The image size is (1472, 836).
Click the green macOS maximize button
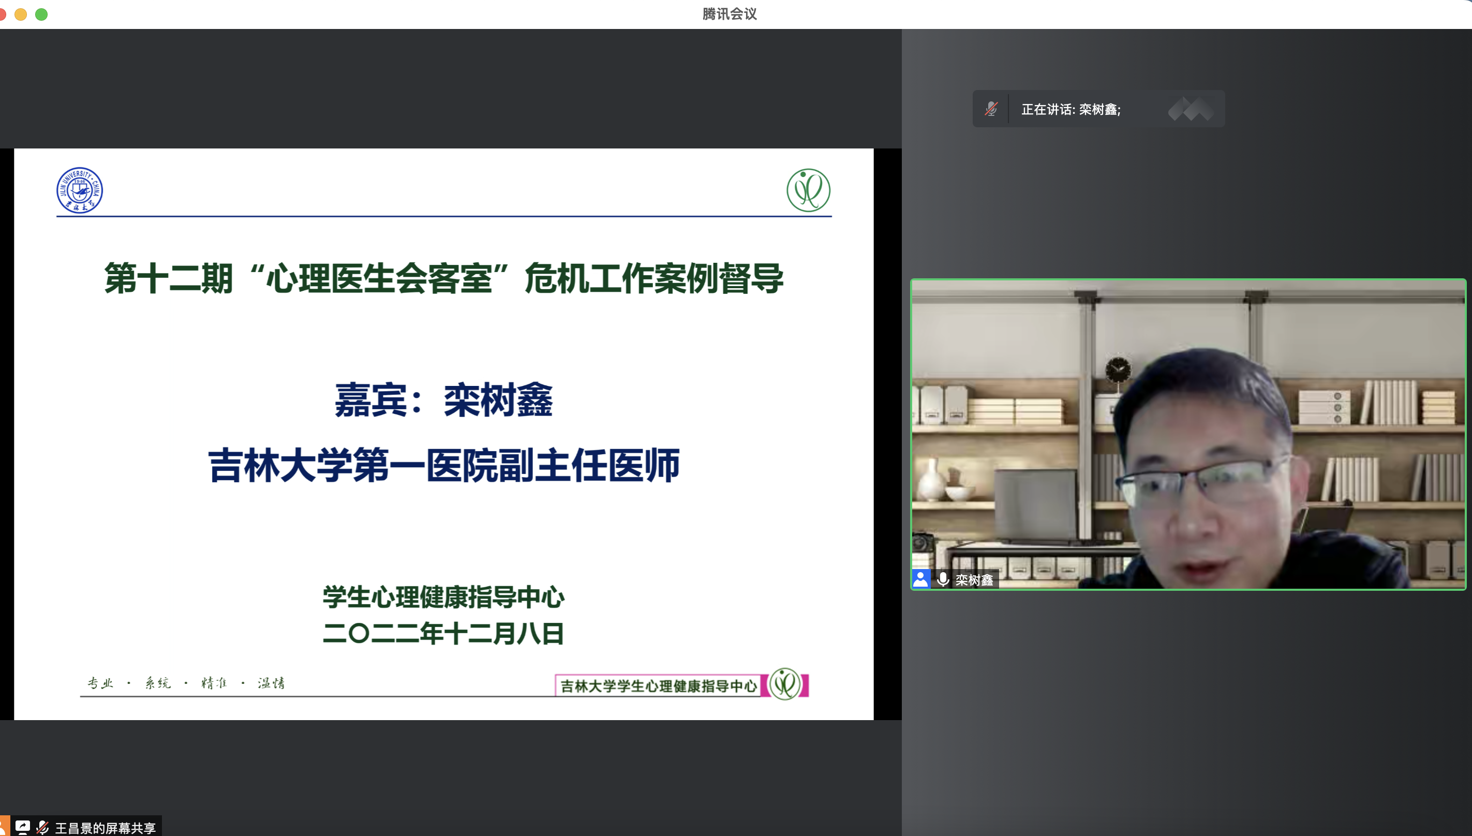click(41, 14)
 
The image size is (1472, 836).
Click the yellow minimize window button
click(21, 14)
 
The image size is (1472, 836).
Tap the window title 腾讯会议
click(730, 14)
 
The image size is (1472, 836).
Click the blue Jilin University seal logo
click(80, 190)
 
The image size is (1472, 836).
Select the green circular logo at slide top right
click(808, 190)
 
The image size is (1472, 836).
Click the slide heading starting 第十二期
click(444, 278)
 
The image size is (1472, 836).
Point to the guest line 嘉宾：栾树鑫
click(444, 399)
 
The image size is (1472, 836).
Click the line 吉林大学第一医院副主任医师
click(444, 465)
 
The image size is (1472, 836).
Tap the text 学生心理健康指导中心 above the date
click(443, 597)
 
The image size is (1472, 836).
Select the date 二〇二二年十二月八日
click(443, 633)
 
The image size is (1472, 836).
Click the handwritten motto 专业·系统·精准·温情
click(186, 683)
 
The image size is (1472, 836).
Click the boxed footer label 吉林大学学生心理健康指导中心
click(659, 685)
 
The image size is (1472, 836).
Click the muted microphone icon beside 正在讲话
click(991, 109)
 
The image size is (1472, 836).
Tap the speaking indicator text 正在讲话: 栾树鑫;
click(1070, 109)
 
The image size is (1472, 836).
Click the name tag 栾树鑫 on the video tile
click(974, 580)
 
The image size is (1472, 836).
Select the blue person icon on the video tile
click(921, 579)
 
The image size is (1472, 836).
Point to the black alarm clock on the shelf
click(1118, 370)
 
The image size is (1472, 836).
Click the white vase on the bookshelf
click(931, 479)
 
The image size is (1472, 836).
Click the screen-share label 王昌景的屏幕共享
click(105, 828)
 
